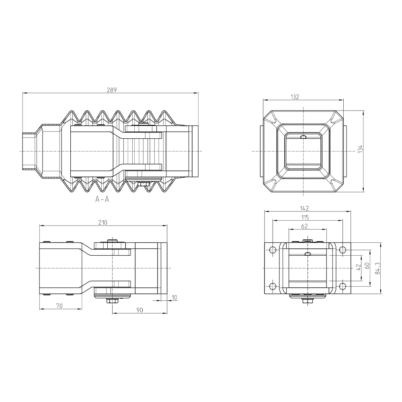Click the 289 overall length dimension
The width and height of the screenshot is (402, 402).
point(111,90)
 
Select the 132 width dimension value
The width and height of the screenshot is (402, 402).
point(295,96)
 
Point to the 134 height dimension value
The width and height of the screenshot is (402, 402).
point(360,149)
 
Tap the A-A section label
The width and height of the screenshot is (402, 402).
point(102,199)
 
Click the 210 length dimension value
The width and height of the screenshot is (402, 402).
point(103,223)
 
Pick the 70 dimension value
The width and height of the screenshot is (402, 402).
point(59,306)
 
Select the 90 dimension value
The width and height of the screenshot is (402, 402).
point(139,310)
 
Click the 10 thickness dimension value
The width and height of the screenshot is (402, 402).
point(174,297)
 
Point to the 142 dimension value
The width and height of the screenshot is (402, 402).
point(304,208)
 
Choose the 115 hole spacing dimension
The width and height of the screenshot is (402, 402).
point(305,217)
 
